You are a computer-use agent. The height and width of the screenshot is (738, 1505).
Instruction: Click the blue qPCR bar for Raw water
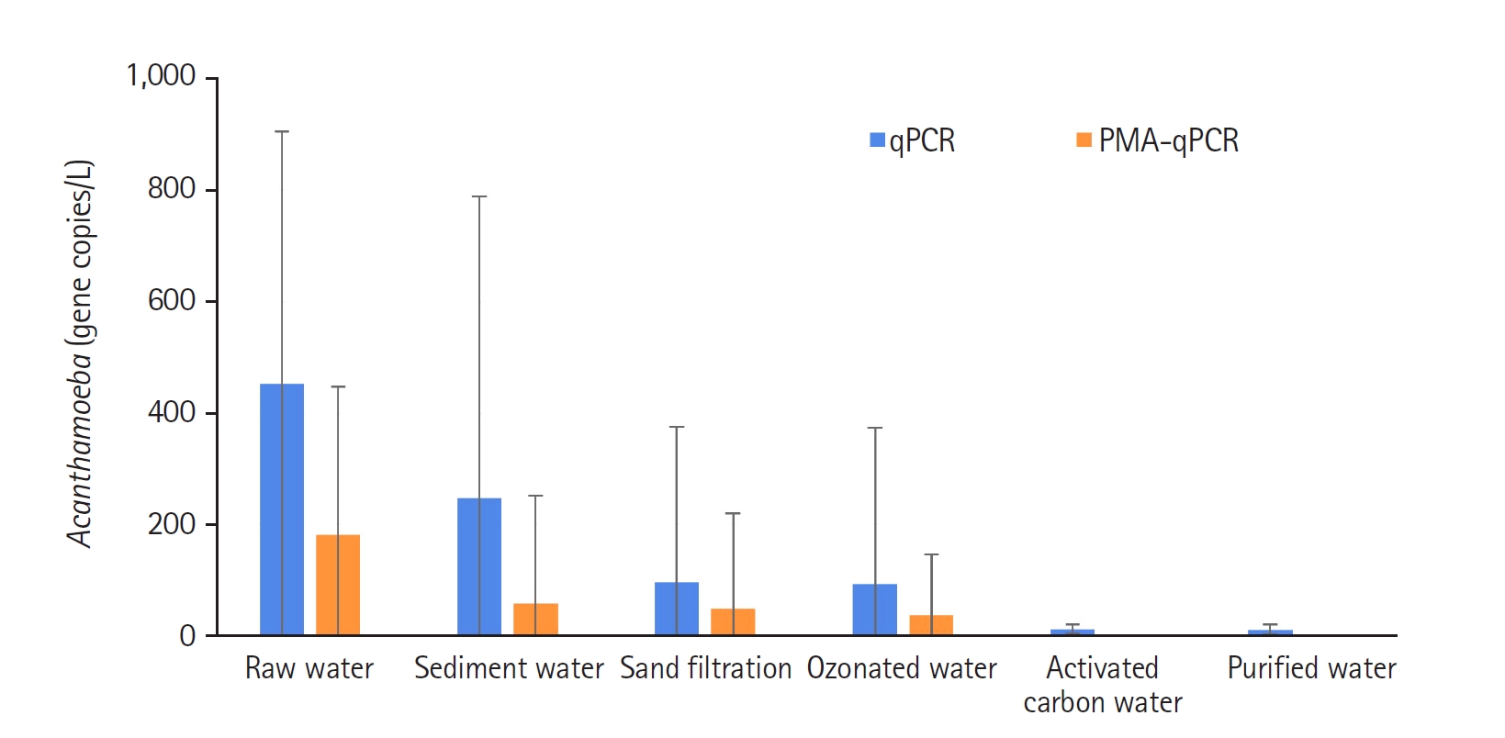tap(282, 509)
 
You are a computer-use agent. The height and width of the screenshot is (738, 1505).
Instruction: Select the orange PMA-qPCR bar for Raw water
tap(338, 585)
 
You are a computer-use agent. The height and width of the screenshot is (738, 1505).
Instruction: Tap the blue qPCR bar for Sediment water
tap(479, 566)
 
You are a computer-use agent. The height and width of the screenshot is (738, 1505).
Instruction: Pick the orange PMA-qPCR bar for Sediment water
tap(535, 620)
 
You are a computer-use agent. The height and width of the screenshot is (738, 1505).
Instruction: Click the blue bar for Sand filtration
tap(677, 609)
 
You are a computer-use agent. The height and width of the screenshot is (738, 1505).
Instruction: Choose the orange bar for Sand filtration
tap(733, 621)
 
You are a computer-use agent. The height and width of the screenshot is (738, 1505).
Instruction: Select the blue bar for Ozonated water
tap(875, 609)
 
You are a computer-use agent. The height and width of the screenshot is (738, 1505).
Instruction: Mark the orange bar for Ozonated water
tap(931, 625)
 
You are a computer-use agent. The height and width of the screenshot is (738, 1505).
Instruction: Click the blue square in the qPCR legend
tap(878, 140)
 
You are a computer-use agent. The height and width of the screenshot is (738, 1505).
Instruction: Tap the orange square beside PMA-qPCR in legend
tap(1084, 140)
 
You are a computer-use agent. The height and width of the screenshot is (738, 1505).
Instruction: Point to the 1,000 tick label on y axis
tap(162, 76)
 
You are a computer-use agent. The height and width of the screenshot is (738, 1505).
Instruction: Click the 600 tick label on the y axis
tap(172, 300)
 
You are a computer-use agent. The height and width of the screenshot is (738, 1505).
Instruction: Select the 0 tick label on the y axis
tap(187, 636)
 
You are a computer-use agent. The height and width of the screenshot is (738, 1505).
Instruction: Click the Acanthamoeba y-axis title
tap(80, 354)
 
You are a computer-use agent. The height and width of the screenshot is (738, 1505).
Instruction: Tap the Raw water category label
tap(309, 668)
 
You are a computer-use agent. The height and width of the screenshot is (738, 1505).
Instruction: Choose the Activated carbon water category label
tap(1103, 685)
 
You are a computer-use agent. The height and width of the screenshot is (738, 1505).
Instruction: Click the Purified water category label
tap(1311, 668)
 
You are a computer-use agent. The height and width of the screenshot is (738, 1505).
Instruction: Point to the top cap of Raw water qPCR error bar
tap(282, 131)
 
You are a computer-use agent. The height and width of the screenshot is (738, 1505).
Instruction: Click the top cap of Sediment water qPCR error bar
tap(479, 196)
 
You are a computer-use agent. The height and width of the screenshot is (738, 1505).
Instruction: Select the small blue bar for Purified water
tap(1270, 632)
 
